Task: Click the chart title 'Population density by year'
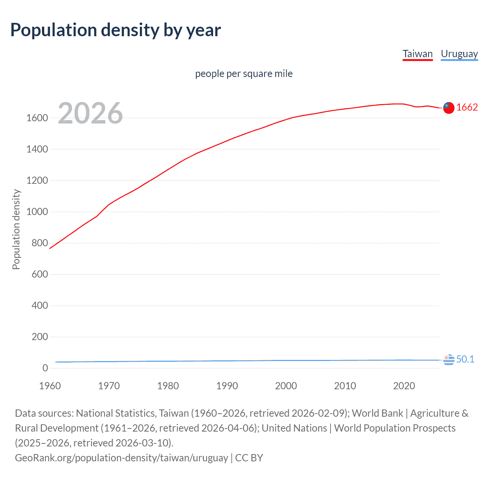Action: pos(116,30)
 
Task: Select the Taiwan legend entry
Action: pos(417,54)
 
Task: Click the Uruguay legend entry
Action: pos(459,54)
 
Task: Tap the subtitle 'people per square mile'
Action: pos(244,74)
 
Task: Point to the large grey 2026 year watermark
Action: pos(90,113)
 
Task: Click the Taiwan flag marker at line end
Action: pos(449,108)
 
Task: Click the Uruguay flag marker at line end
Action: pos(449,359)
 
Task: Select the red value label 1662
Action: pos(467,108)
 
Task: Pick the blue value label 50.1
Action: pos(465,359)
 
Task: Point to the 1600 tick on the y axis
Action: pos(37,118)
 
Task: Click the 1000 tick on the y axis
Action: pos(37,212)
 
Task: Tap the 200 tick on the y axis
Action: pos(40,337)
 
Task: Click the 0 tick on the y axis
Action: pos(45,368)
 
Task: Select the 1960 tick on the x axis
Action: pos(50,386)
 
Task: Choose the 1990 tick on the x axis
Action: pos(227,386)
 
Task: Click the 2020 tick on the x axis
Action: pos(404,386)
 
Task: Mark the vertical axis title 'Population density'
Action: pos(16,230)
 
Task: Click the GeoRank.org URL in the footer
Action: pos(121,457)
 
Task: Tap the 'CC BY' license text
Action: pos(249,457)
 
